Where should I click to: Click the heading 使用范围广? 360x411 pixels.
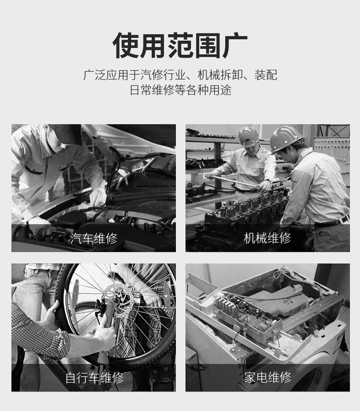[180, 45]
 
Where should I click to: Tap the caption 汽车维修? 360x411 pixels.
[94, 238]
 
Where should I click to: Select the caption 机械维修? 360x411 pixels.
[267, 238]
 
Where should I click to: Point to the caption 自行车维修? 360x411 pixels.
[95, 378]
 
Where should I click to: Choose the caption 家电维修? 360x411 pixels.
[267, 378]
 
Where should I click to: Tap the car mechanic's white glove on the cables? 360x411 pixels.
[97, 197]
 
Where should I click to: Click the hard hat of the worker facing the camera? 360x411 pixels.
[249, 136]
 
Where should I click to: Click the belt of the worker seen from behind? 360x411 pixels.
[332, 222]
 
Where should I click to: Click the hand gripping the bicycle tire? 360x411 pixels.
[52, 315]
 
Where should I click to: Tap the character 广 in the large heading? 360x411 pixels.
[235, 45]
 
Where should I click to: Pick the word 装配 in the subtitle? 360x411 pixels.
[265, 75]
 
